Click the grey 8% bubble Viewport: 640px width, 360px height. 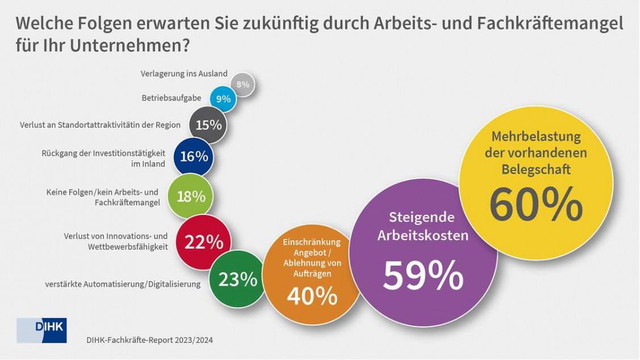243,85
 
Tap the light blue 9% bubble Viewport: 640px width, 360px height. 223,99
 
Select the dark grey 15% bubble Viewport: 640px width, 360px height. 209,125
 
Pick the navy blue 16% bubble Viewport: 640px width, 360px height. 194,156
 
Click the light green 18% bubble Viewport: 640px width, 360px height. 191,196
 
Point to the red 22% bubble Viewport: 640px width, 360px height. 203,242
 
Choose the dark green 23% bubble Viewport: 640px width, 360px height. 238,279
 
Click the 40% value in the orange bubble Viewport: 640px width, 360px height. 312,296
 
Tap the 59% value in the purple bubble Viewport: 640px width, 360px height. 423,276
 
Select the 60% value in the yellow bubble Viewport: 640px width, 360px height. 535,205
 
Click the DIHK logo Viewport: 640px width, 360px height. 41,330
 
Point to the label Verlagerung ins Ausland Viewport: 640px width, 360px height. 184,74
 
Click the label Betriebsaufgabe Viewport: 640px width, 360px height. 171,98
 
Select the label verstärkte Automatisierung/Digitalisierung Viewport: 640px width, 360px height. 123,284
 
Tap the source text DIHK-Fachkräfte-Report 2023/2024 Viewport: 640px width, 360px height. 149,340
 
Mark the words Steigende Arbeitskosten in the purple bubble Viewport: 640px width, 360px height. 422,226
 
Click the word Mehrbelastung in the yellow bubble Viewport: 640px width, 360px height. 536,137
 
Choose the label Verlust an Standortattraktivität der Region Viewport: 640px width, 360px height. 100,125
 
